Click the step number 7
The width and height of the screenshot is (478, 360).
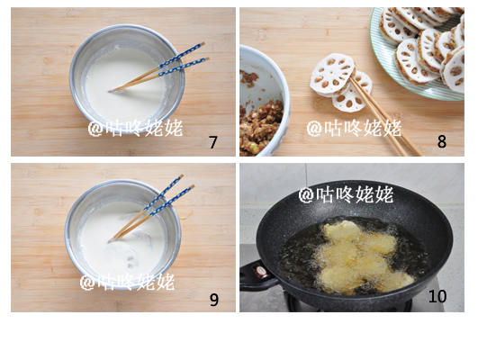(x=212, y=142)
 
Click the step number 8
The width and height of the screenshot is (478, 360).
(x=442, y=141)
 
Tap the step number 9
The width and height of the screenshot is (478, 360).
(x=214, y=300)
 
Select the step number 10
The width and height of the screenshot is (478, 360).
(x=437, y=296)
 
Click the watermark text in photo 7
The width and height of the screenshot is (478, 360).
(x=136, y=128)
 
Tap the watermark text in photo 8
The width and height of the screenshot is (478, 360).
(x=354, y=128)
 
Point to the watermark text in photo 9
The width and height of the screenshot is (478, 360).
(x=127, y=282)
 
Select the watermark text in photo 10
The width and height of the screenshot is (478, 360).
(x=347, y=194)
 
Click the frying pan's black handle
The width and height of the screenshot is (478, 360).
(x=257, y=275)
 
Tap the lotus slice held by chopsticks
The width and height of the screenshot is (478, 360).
(x=333, y=75)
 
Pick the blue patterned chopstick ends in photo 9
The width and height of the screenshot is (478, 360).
(x=168, y=195)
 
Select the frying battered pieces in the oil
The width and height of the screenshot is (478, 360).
(x=363, y=257)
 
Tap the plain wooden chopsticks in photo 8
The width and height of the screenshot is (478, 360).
(x=385, y=116)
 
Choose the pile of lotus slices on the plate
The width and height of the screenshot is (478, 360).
(x=425, y=46)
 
